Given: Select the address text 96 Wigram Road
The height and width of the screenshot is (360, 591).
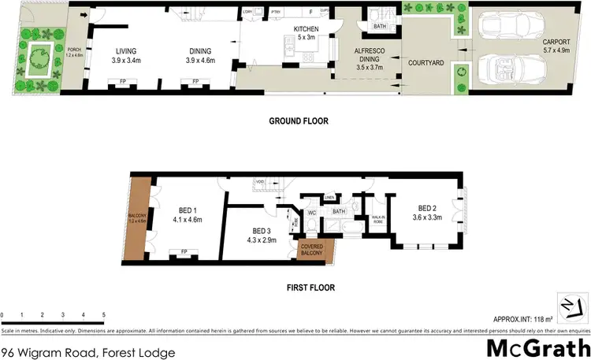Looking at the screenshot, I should [88, 353].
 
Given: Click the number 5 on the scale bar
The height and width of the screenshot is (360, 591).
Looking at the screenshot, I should [103, 314].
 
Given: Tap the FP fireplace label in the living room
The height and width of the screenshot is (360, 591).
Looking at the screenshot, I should [122, 81].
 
